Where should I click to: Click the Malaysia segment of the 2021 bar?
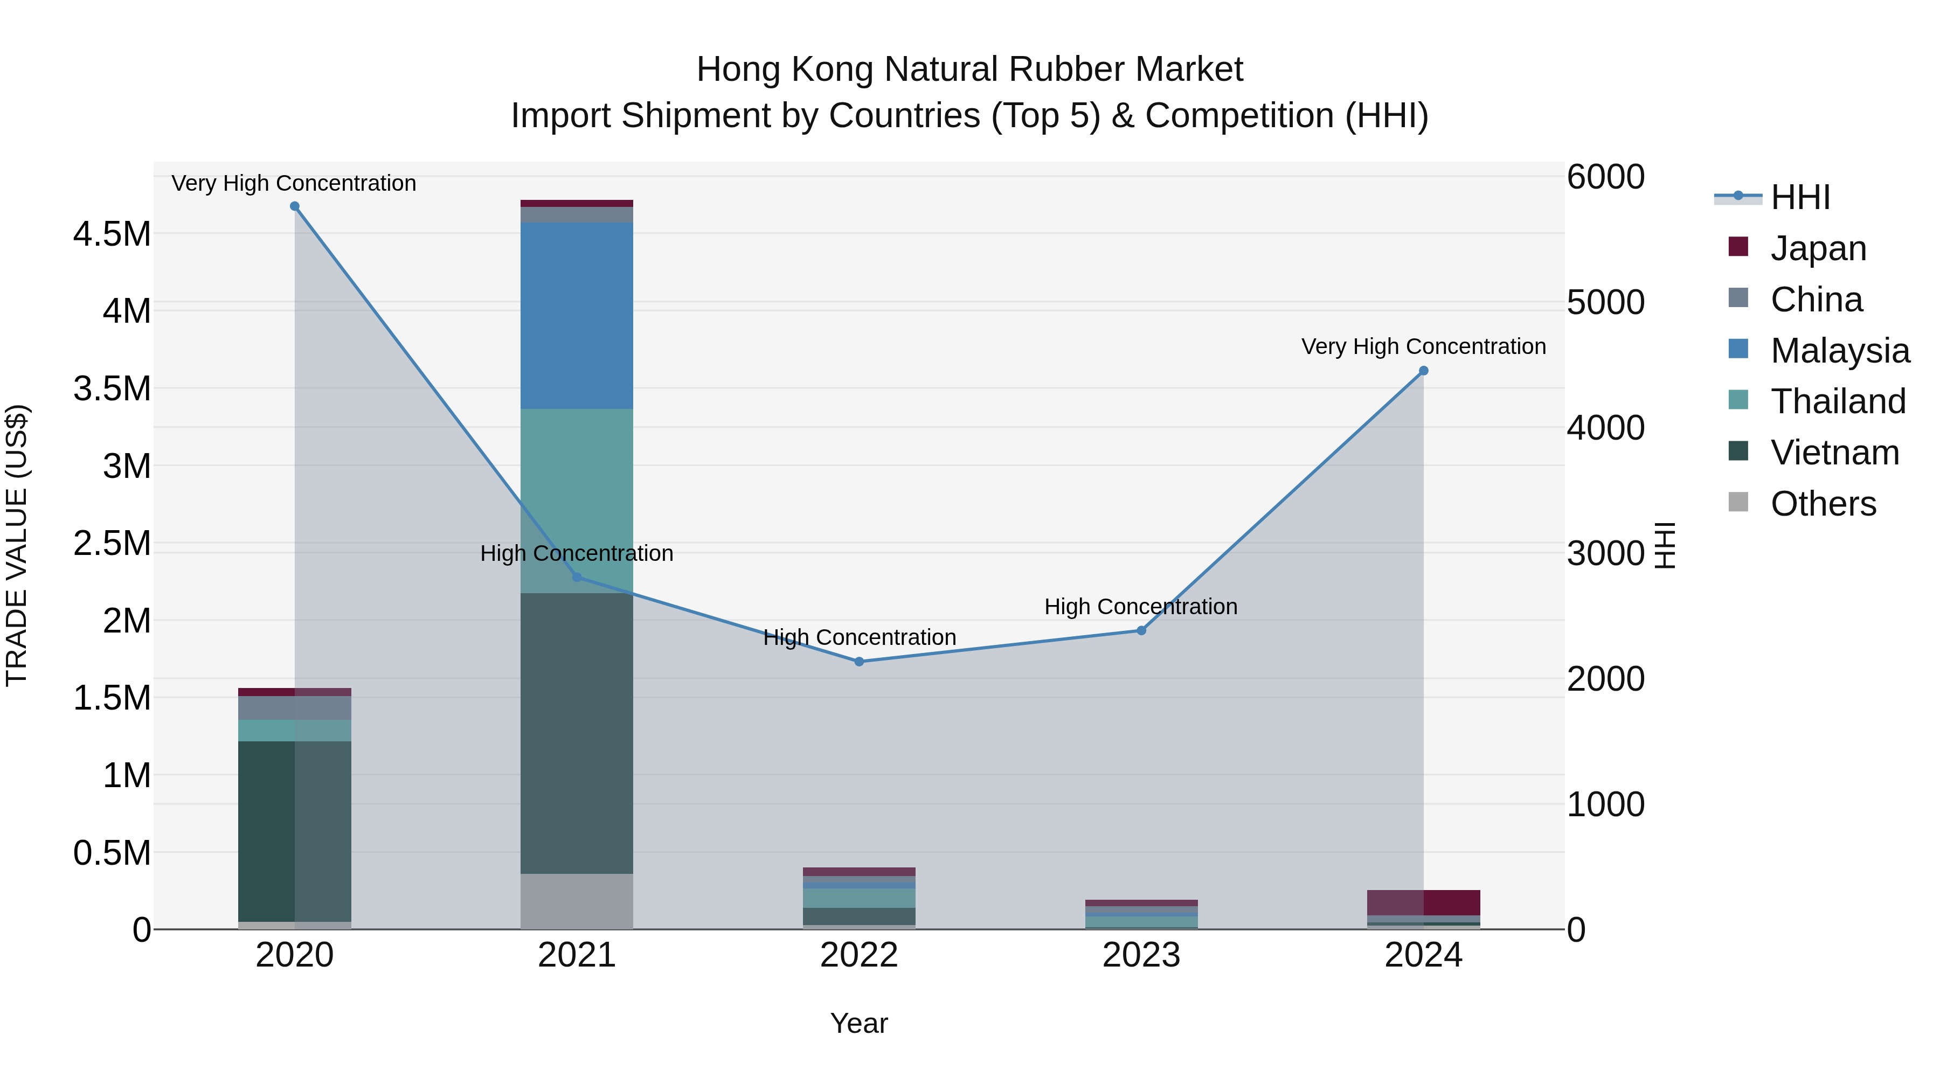[577, 316]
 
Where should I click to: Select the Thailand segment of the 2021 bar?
[577, 501]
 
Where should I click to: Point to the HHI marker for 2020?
[294, 206]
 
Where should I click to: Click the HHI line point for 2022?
[860, 662]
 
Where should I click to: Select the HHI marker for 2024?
[1423, 371]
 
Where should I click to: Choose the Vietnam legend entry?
[1834, 453]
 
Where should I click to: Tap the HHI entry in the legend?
[1800, 197]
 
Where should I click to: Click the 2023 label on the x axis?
[1141, 955]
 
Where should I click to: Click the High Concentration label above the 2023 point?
[1140, 606]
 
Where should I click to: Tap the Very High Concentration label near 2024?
[1423, 346]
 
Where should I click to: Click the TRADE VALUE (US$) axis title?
[17, 545]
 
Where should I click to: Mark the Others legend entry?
[1823, 504]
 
